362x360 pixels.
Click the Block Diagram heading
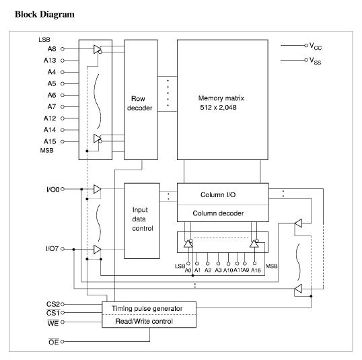[x=44, y=14]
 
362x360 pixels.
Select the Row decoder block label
[x=139, y=103]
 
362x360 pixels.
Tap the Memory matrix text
[x=221, y=98]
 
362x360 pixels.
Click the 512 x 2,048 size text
[x=218, y=108]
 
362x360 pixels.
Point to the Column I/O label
[x=218, y=194]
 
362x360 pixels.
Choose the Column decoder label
[x=218, y=213]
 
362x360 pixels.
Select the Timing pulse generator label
[x=147, y=308]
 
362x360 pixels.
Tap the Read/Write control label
[x=144, y=321]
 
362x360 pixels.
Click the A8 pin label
[x=52, y=49]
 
